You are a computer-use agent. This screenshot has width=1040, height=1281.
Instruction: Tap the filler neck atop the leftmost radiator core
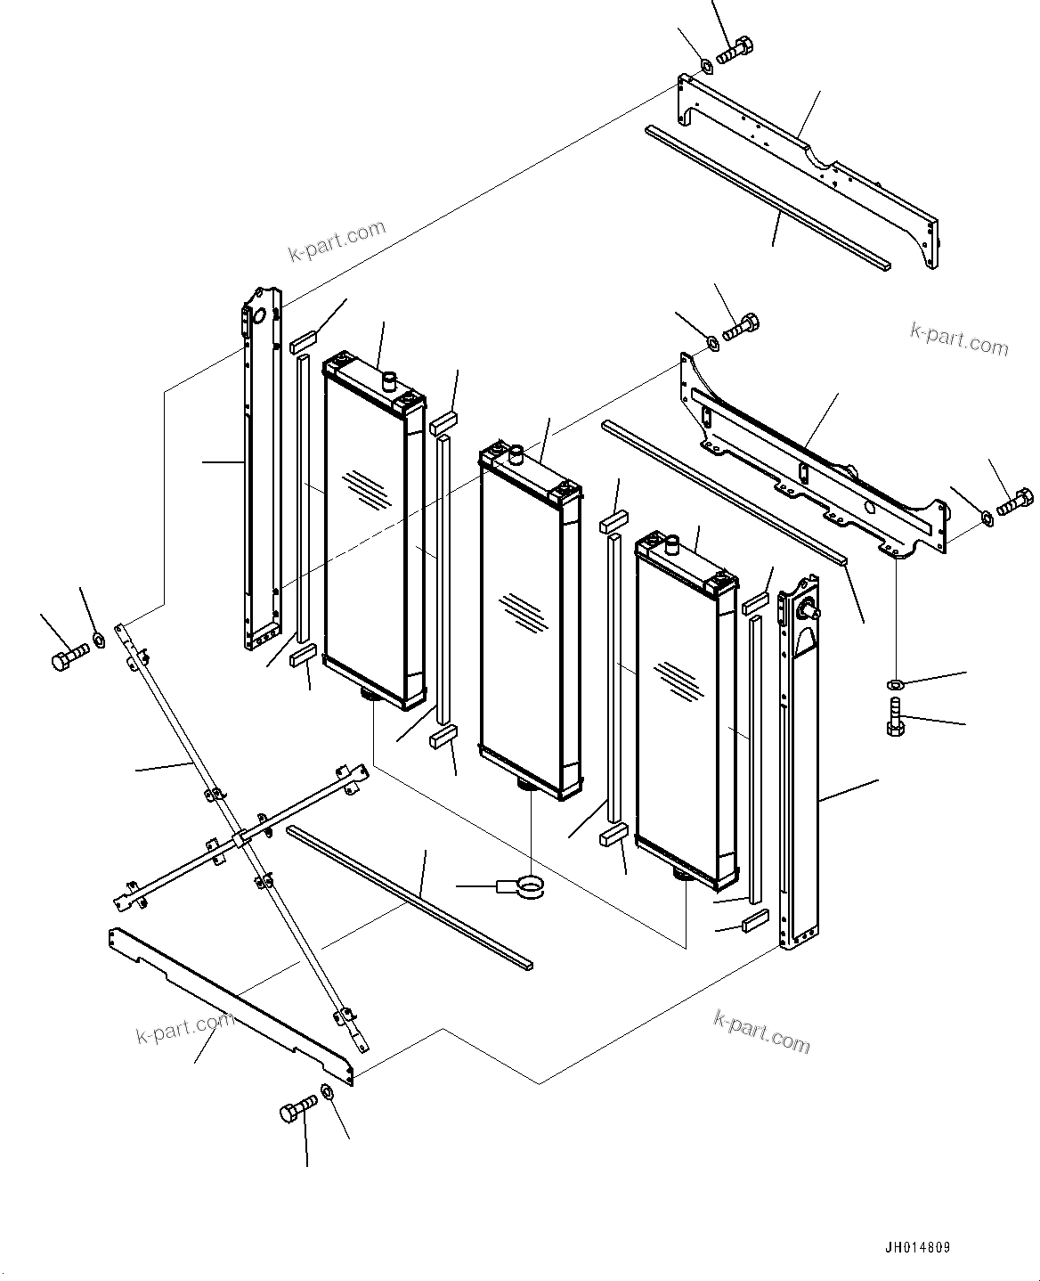coord(387,381)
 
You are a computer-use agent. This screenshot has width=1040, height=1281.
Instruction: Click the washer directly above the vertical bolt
coord(895,684)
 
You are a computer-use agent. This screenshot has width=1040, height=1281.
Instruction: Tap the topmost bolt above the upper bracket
coord(735,50)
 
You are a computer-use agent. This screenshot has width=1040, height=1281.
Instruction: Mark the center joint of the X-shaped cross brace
coord(240,837)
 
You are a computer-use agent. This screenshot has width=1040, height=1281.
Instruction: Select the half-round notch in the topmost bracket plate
coord(824,165)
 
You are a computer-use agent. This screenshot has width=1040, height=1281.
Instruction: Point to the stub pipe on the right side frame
coord(809,610)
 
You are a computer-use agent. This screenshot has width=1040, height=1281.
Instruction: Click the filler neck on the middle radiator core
coord(514,454)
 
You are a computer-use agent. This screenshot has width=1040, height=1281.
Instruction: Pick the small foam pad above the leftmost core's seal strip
coord(304,341)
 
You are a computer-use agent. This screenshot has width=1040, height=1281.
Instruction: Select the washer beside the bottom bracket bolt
coord(327,1092)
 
